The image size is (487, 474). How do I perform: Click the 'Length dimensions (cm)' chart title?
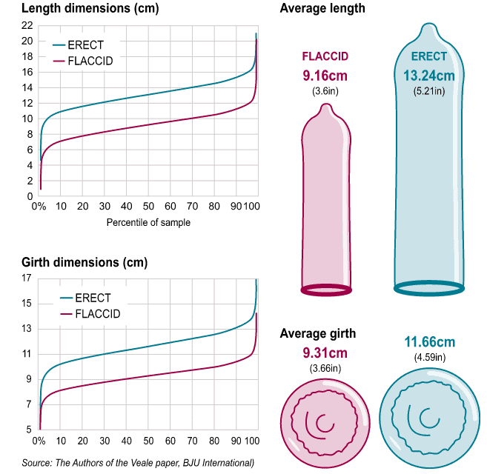79,9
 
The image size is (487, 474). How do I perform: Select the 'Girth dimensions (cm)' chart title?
74,263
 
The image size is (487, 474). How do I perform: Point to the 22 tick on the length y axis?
27,25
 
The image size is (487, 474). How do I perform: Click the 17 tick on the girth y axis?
27,278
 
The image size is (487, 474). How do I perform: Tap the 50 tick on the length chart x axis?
148,207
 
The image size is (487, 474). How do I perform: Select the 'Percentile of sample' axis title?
148,223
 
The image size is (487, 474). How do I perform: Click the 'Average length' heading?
322,9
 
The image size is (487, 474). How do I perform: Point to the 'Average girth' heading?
318,334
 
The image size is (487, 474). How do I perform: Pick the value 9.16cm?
325,76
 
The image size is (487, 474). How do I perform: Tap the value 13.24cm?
429,76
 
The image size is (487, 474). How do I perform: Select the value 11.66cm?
429,342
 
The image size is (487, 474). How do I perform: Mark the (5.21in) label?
429,91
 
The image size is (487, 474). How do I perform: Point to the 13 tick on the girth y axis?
27,329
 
